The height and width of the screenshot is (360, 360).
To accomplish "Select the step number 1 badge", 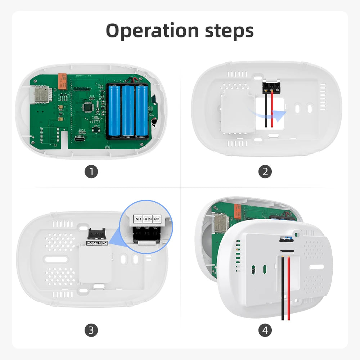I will pos(91,172).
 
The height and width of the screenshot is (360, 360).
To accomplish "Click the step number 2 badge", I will pos(265,172).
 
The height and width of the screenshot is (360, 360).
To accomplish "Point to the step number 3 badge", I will pos(91,330).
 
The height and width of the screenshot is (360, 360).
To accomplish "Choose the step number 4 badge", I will pos(265,330).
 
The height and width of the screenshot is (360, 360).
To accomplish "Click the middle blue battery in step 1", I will pos(128,111).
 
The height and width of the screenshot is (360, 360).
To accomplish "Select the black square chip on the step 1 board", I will pos(87,107).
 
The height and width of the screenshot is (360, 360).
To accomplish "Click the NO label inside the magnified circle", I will pos(138,219).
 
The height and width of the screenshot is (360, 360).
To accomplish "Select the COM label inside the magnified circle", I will pos(148,219).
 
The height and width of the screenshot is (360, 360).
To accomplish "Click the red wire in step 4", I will pos(288,288).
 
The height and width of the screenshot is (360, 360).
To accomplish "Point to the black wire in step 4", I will pos(283,288).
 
